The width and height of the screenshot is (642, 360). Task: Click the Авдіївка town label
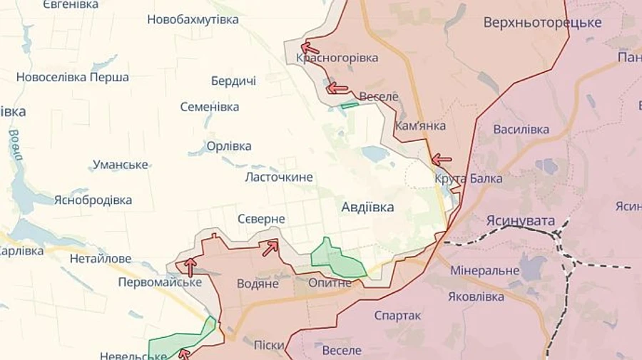367,207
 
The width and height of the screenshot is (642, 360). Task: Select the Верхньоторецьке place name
542,22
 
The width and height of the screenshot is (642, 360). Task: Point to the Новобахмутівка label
193,19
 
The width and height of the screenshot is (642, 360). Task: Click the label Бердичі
233,81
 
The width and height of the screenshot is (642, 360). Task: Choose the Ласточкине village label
278,177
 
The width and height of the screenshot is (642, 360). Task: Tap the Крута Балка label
468,178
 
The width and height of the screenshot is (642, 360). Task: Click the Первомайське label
160,282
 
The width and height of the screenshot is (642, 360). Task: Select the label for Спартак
397,315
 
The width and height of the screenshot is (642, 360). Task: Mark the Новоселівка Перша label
72,77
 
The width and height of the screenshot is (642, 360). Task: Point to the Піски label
269,345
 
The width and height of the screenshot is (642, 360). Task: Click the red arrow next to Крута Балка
442,160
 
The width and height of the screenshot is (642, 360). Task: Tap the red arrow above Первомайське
190,267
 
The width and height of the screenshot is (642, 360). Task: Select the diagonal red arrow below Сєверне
270,248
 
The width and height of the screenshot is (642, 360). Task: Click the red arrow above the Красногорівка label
310,48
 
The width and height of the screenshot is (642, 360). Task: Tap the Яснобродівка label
93,200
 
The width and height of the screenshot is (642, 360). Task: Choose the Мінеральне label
484,271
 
